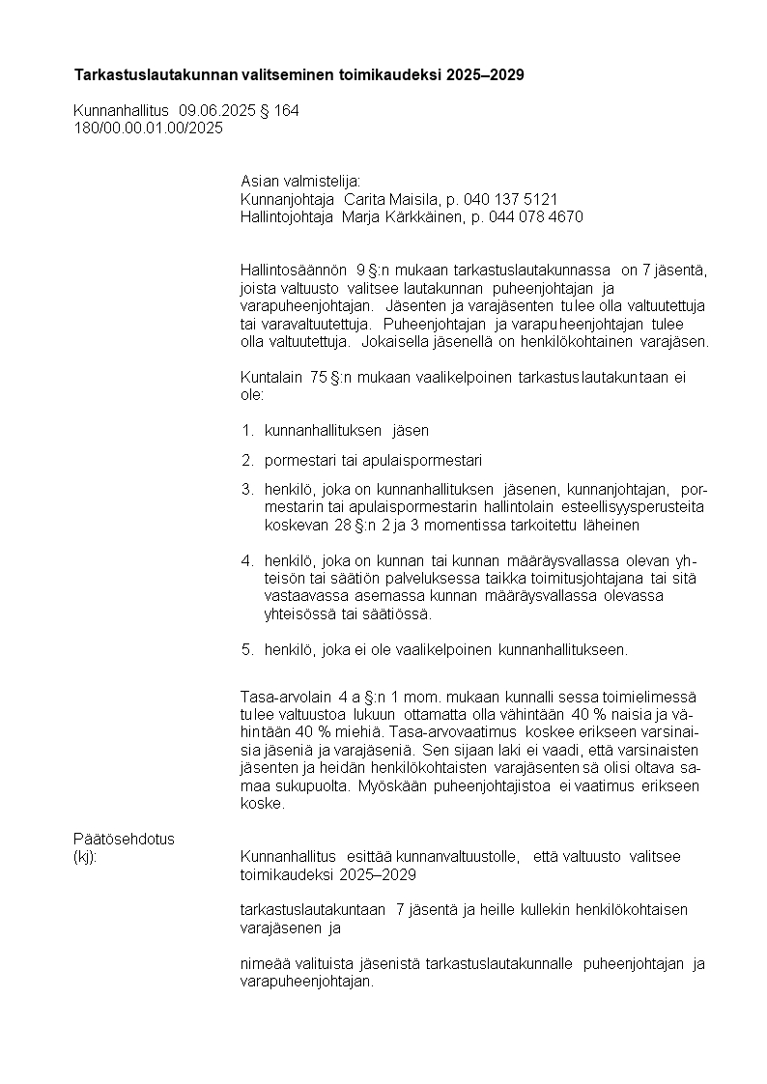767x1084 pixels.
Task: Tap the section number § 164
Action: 280,111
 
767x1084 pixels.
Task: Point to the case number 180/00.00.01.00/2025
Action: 148,128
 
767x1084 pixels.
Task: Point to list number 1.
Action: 246,430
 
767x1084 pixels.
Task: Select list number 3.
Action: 246,490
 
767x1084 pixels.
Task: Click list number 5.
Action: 246,649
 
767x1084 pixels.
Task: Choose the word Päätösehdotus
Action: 124,838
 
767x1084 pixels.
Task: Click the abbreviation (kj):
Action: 85,856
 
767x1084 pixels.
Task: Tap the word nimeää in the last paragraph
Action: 263,963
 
